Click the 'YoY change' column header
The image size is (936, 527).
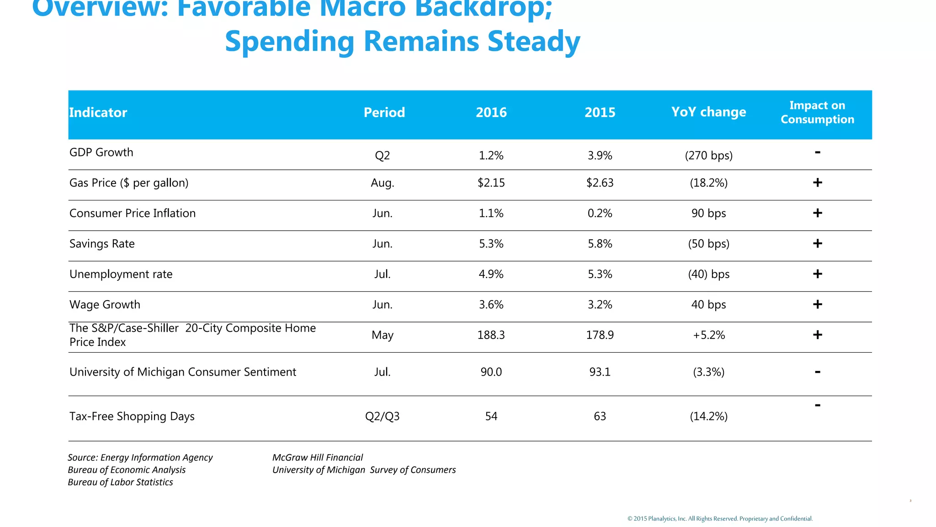(708, 112)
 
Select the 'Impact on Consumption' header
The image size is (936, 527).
(817, 113)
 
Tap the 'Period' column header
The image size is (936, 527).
(384, 113)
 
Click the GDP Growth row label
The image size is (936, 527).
(101, 152)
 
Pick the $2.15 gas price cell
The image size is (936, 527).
(491, 183)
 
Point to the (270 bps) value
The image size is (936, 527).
(708, 156)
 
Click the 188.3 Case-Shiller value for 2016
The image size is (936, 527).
(491, 335)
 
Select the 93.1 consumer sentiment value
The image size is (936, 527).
(600, 372)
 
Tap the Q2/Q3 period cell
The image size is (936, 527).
(382, 416)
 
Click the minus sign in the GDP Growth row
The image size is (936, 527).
(817, 152)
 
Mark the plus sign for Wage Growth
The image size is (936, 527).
(817, 304)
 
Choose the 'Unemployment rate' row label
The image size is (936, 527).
(121, 274)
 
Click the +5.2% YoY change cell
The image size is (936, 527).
(708, 335)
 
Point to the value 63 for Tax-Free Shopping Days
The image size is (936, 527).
(600, 416)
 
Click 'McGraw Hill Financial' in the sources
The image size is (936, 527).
(318, 457)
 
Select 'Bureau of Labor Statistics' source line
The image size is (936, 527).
(120, 482)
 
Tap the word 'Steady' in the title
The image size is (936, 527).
(534, 42)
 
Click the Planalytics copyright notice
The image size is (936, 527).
(720, 519)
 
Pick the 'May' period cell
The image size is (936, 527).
(382, 335)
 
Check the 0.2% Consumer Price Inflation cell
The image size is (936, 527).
(600, 213)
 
